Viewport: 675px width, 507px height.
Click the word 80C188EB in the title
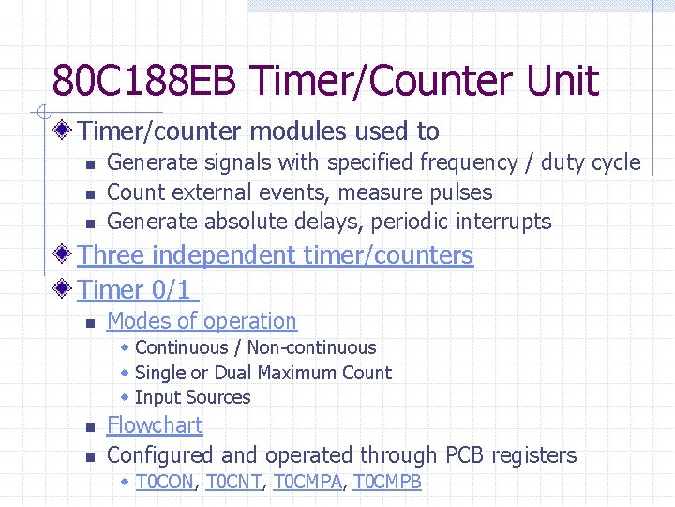[118, 81]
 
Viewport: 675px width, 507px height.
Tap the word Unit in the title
[562, 81]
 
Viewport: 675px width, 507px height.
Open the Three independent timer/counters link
[276, 255]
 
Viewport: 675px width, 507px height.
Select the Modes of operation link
[202, 321]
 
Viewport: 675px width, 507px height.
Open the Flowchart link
[155, 425]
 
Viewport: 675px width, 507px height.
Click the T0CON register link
[165, 483]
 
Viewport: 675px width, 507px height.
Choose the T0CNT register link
[234, 483]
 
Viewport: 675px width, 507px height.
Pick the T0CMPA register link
[307, 483]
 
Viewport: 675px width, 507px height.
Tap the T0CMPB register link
[386, 483]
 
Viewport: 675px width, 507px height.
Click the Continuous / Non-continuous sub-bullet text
[255, 348]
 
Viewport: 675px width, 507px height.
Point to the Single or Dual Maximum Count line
[263, 373]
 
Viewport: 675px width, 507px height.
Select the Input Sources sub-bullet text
[192, 397]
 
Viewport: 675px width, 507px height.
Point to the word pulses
[457, 192]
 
